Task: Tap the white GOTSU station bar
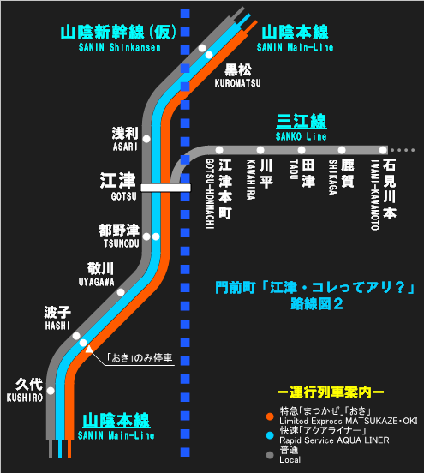(166, 188)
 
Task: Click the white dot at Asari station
(146, 139)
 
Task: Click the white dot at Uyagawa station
(121, 292)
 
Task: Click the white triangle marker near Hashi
(89, 350)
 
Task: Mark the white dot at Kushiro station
(51, 391)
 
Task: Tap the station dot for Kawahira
(260, 150)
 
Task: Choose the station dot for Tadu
(302, 150)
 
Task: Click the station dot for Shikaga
(342, 150)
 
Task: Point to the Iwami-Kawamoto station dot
(383, 150)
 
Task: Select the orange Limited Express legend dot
(270, 416)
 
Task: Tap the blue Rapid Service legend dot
(270, 435)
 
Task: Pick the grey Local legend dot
(270, 455)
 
